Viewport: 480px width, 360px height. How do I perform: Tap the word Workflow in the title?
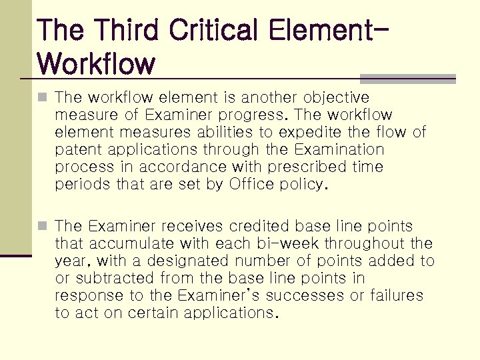(97, 64)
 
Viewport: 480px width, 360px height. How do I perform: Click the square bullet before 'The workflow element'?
(43, 97)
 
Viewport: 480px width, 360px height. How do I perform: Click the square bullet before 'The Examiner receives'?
(43, 227)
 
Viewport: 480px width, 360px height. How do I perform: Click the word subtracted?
(119, 279)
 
